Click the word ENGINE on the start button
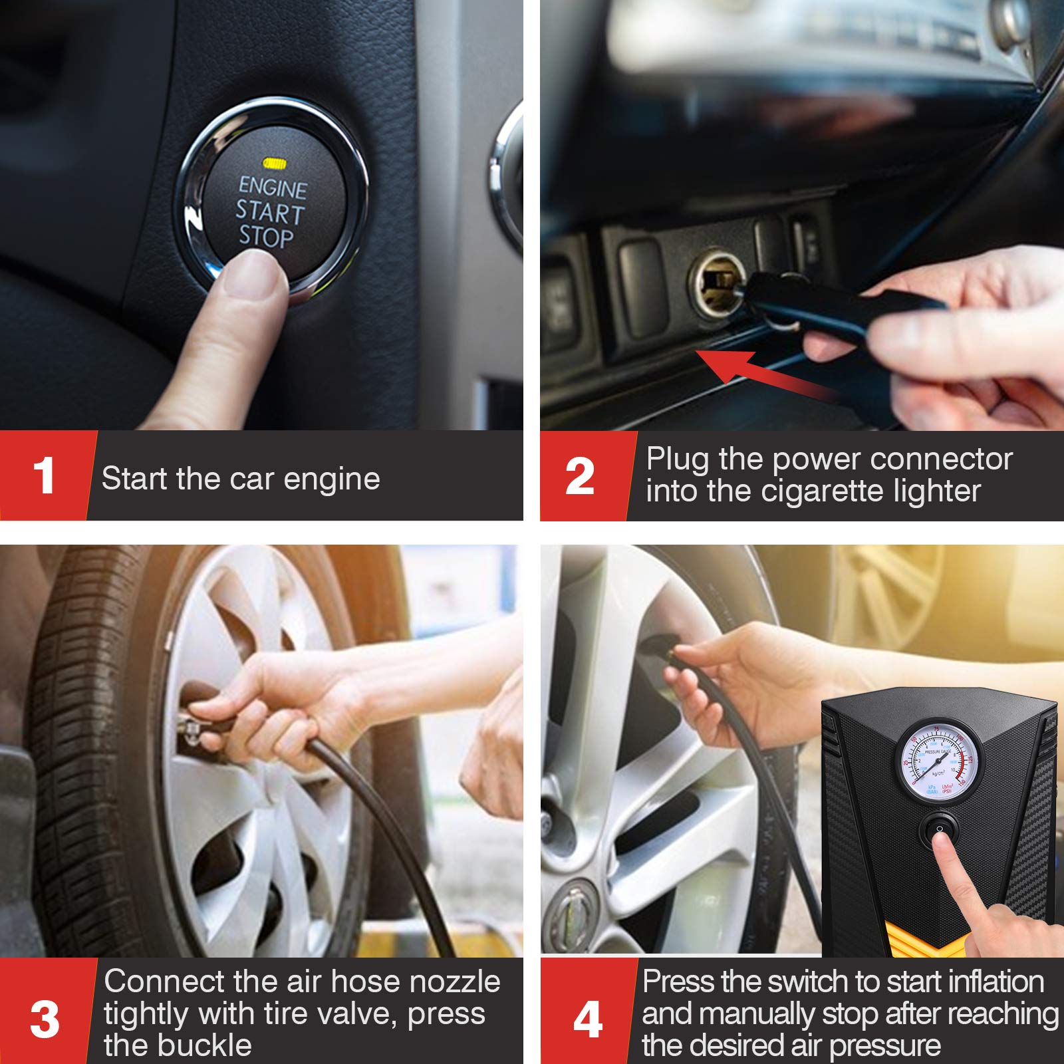pos(273,188)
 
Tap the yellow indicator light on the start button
pos(274,163)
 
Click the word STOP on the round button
pos(266,237)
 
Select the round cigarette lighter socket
pos(717,283)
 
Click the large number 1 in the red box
pos(44,476)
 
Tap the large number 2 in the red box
pos(579,476)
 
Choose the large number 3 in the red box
pos(45,1019)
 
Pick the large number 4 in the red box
pos(588,1019)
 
